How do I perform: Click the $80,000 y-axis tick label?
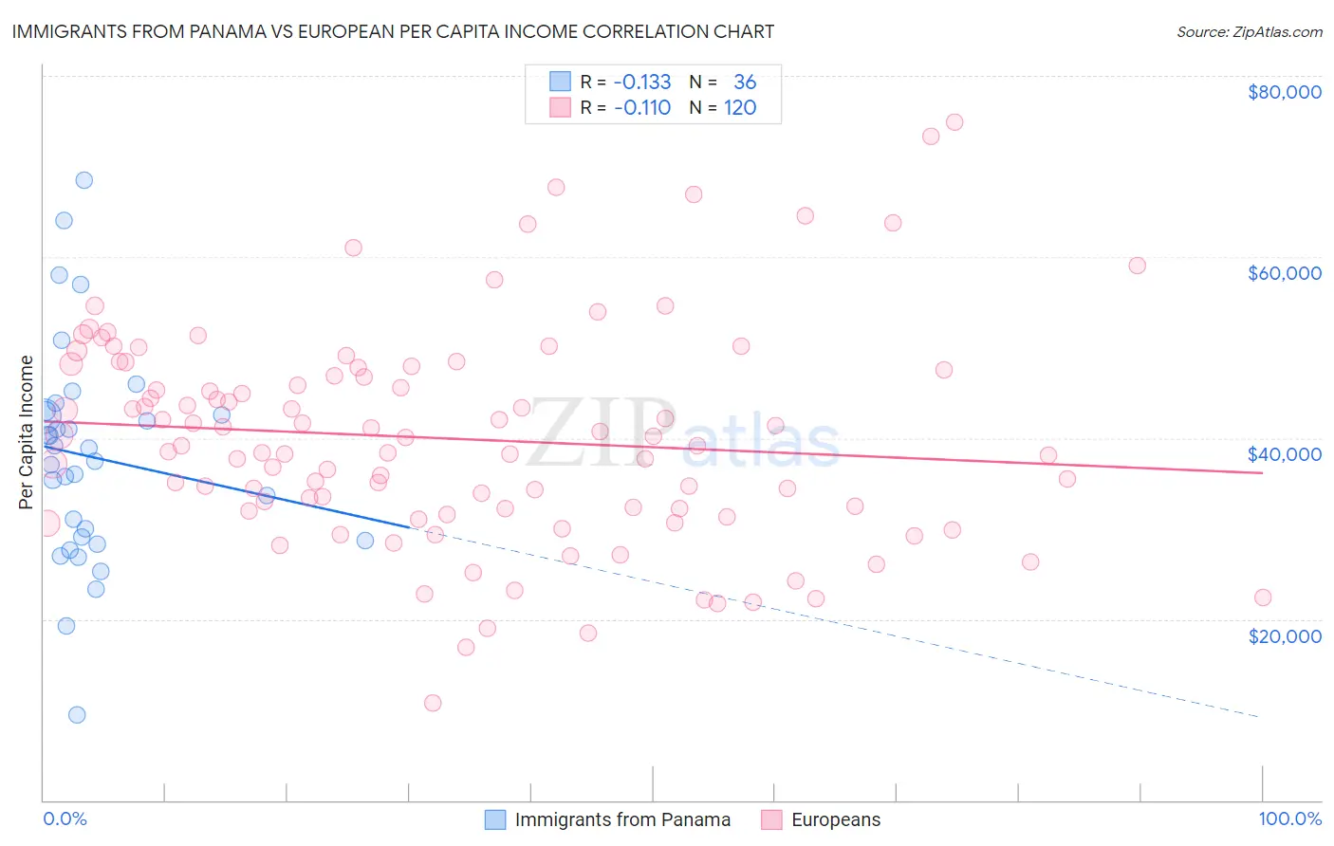[1284, 92]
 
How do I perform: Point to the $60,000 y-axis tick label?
[1284, 273]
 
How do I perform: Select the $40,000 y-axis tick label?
[1284, 454]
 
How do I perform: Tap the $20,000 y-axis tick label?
[1284, 636]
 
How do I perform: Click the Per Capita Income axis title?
[27, 432]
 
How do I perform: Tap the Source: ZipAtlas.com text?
[1249, 31]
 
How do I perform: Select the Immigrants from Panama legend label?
[622, 820]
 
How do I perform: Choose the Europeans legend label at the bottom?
[836, 820]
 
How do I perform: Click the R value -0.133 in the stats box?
[642, 83]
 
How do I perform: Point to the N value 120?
[740, 108]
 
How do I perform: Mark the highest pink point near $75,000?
[954, 122]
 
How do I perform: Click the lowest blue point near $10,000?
[77, 715]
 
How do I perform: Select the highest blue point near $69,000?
[84, 180]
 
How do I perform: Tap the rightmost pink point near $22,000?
[1263, 598]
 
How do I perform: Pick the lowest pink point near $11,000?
[433, 703]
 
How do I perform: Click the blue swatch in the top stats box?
[561, 83]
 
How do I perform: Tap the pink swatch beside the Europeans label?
[771, 820]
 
